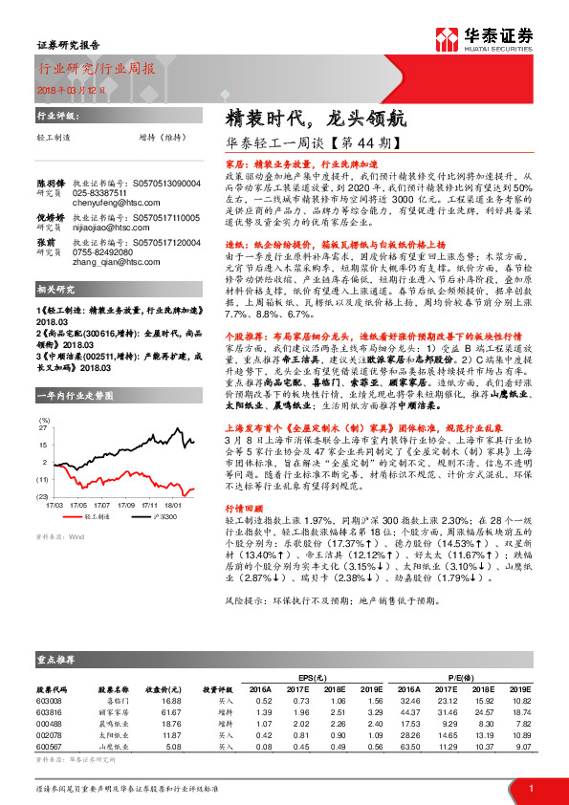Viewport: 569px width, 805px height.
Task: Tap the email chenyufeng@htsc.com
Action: point(107,202)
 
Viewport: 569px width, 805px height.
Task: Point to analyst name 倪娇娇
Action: point(51,218)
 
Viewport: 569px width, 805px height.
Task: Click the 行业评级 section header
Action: point(55,115)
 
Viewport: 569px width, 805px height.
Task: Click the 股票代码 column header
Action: point(52,687)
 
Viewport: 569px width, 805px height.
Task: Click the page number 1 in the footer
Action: point(530,788)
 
